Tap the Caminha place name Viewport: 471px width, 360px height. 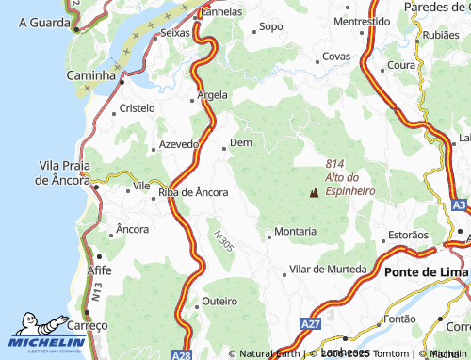89,74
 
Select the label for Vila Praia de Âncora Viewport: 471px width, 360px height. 63,172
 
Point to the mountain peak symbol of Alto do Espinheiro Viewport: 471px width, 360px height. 313,193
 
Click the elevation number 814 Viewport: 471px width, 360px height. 336,163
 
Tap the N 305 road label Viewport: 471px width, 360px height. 223,240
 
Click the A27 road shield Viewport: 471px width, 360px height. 311,323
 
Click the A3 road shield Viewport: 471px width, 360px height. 458,205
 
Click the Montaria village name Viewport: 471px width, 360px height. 295,231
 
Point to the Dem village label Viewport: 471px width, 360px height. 242,142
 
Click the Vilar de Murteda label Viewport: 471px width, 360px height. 327,270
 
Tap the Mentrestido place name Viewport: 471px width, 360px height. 362,21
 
